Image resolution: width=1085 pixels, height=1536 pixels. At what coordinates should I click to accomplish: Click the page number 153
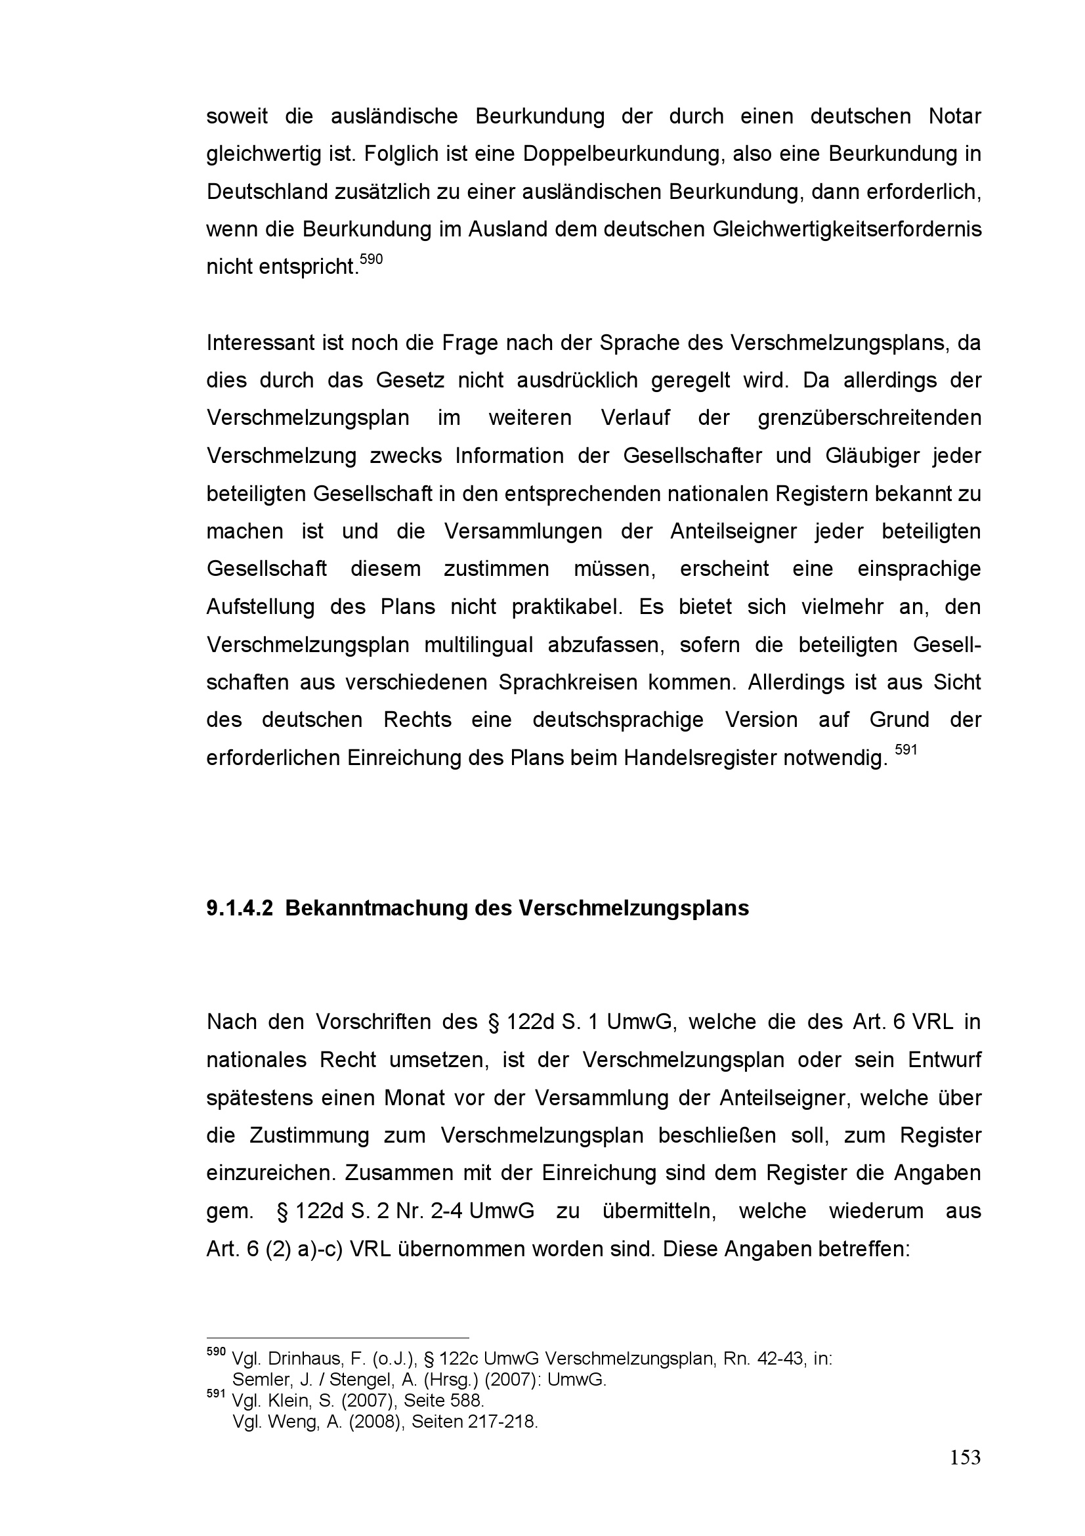tap(965, 1457)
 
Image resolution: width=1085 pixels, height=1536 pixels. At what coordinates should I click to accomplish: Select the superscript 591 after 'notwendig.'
tap(906, 750)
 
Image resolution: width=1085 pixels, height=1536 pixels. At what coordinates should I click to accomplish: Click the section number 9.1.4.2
tap(240, 908)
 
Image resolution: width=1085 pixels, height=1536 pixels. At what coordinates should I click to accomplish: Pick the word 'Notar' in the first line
tap(954, 116)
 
